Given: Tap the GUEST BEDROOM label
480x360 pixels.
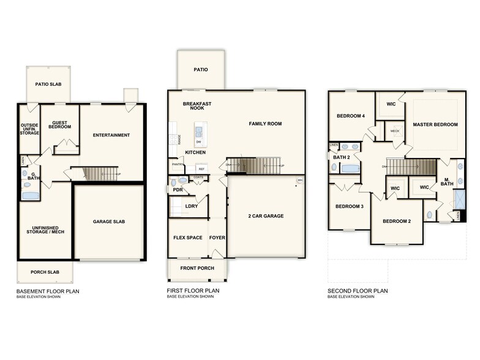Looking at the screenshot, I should point(59,124).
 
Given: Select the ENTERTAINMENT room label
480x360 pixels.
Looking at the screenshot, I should point(111,135).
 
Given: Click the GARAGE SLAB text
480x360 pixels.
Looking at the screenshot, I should point(109,221).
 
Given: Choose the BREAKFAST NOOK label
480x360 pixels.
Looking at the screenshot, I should point(197,106).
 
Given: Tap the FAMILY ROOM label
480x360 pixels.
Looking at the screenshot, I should point(265,124).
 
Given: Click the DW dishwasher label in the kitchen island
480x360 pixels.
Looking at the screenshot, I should point(198,141).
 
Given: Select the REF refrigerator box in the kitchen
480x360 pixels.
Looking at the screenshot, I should point(200,168).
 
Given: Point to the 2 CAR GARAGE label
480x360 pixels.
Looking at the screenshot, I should point(265,216).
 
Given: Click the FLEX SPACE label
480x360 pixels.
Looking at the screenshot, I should point(187,238).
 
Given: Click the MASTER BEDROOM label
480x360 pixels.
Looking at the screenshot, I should point(435,124).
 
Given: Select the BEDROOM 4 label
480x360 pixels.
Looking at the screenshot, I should point(350,116).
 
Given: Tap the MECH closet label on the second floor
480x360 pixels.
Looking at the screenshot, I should point(395,131).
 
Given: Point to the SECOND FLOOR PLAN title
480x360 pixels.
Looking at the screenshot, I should point(358,291).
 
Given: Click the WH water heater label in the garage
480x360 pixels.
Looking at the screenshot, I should point(300,180).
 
